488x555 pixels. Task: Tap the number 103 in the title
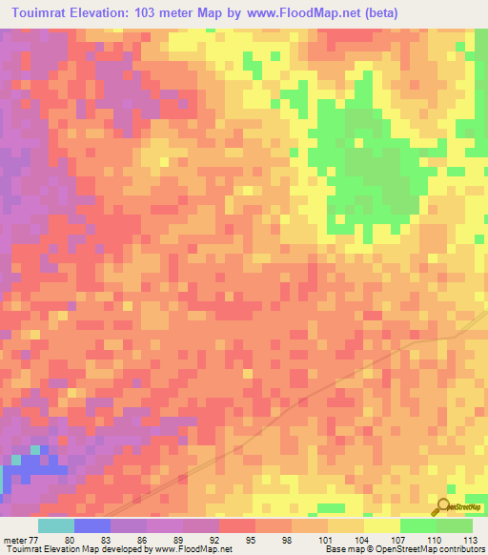(152, 13)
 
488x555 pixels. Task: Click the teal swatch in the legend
(56, 525)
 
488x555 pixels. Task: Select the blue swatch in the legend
(92, 525)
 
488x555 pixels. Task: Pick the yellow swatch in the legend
(382, 525)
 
